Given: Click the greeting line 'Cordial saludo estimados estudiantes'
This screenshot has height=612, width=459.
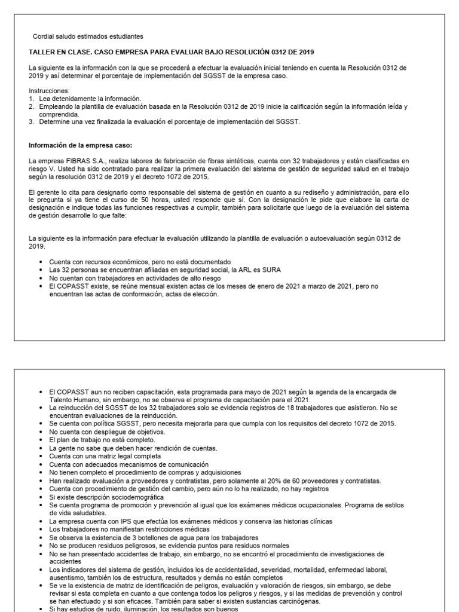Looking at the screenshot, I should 88,37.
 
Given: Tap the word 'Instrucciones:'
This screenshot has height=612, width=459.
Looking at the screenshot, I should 47,91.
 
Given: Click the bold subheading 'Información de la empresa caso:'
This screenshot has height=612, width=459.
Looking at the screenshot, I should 80,145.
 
